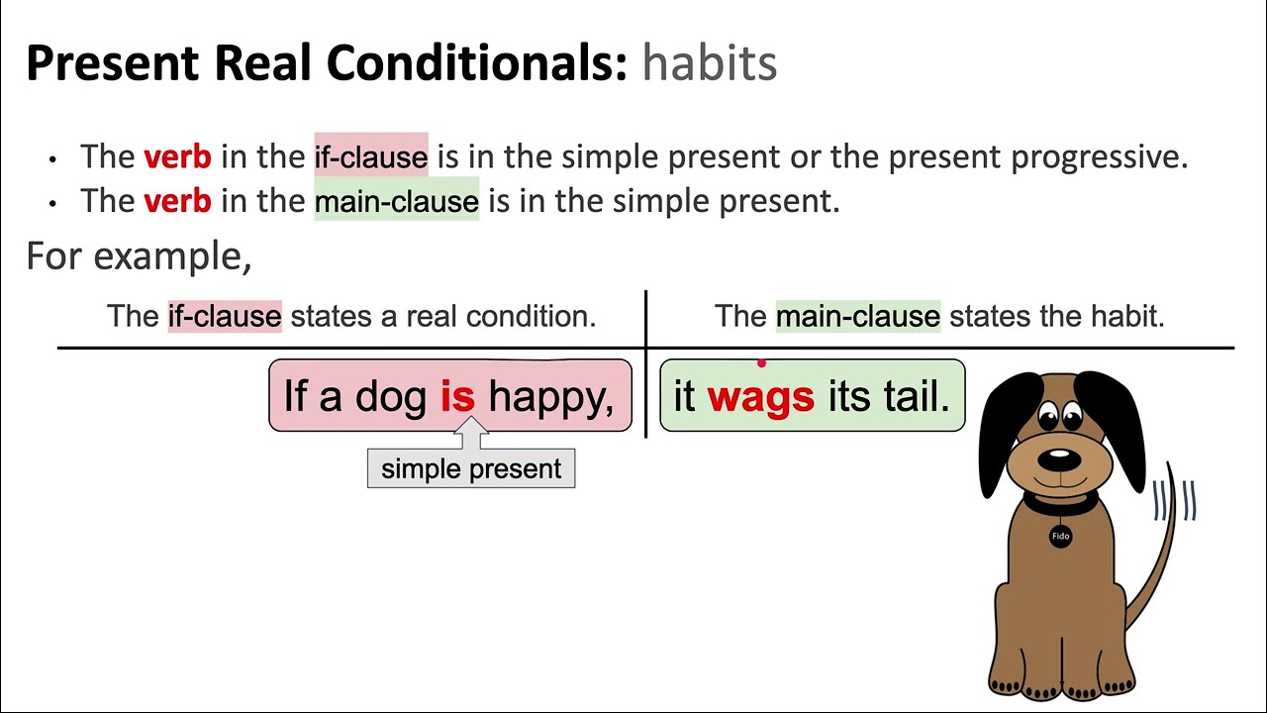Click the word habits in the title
tap(709, 63)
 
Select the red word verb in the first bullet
tap(177, 156)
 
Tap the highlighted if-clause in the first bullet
tap(371, 157)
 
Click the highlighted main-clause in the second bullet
tap(396, 202)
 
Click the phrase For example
tap(139, 255)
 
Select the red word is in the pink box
tap(457, 396)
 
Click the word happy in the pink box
tap(550, 396)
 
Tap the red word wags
tap(760, 396)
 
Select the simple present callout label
tap(471, 468)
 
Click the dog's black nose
tap(1059, 459)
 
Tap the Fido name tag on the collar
tap(1060, 536)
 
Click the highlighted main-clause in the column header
tap(857, 316)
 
